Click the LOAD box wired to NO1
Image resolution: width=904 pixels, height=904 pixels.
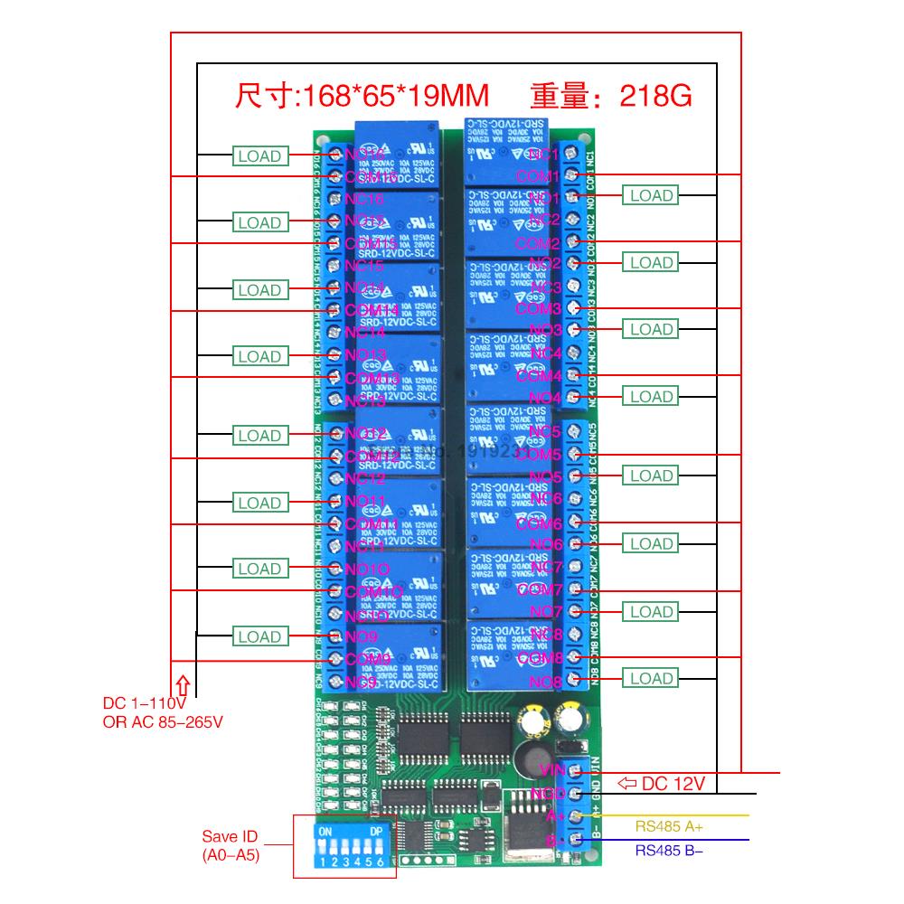pos(652,195)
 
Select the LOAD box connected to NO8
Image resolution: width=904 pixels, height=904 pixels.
pos(652,679)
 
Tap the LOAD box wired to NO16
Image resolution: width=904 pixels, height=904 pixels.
pos(259,155)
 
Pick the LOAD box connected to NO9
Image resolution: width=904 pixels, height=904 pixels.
pos(259,636)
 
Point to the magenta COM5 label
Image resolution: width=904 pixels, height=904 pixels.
pos(539,454)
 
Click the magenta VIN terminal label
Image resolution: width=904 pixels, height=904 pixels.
pos(551,770)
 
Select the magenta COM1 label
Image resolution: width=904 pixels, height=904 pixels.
pos(538,175)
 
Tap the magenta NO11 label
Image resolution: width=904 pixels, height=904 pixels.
pos(365,501)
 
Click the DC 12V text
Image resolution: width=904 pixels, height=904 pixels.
pos(673,784)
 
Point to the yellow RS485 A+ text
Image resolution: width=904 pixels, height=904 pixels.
pos(669,825)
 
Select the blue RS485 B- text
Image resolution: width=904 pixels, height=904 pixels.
pos(669,850)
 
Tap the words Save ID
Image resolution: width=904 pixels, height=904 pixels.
pos(230,836)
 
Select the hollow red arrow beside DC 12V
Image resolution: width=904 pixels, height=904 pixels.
pos(626,784)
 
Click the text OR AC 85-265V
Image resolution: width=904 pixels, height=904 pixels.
pos(162,720)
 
